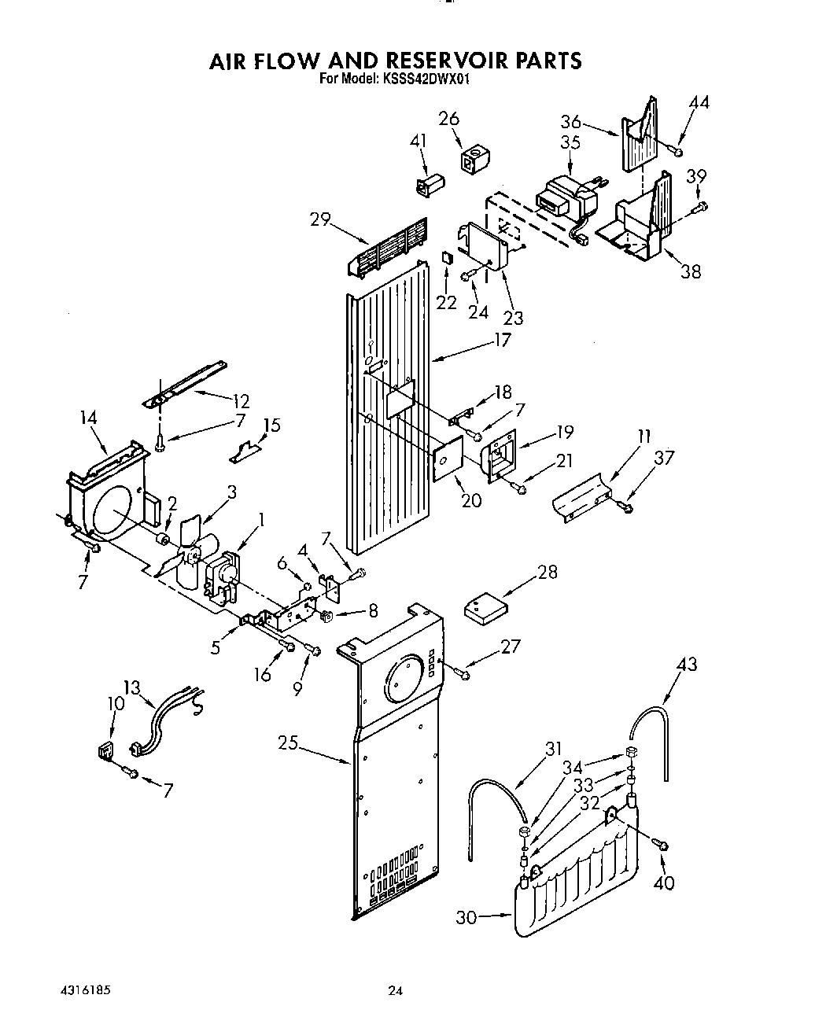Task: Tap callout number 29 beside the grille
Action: tap(320, 219)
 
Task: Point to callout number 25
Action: tap(288, 742)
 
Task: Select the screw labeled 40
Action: tap(662, 845)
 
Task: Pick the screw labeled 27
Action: tap(463, 672)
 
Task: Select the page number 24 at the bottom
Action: tap(396, 991)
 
